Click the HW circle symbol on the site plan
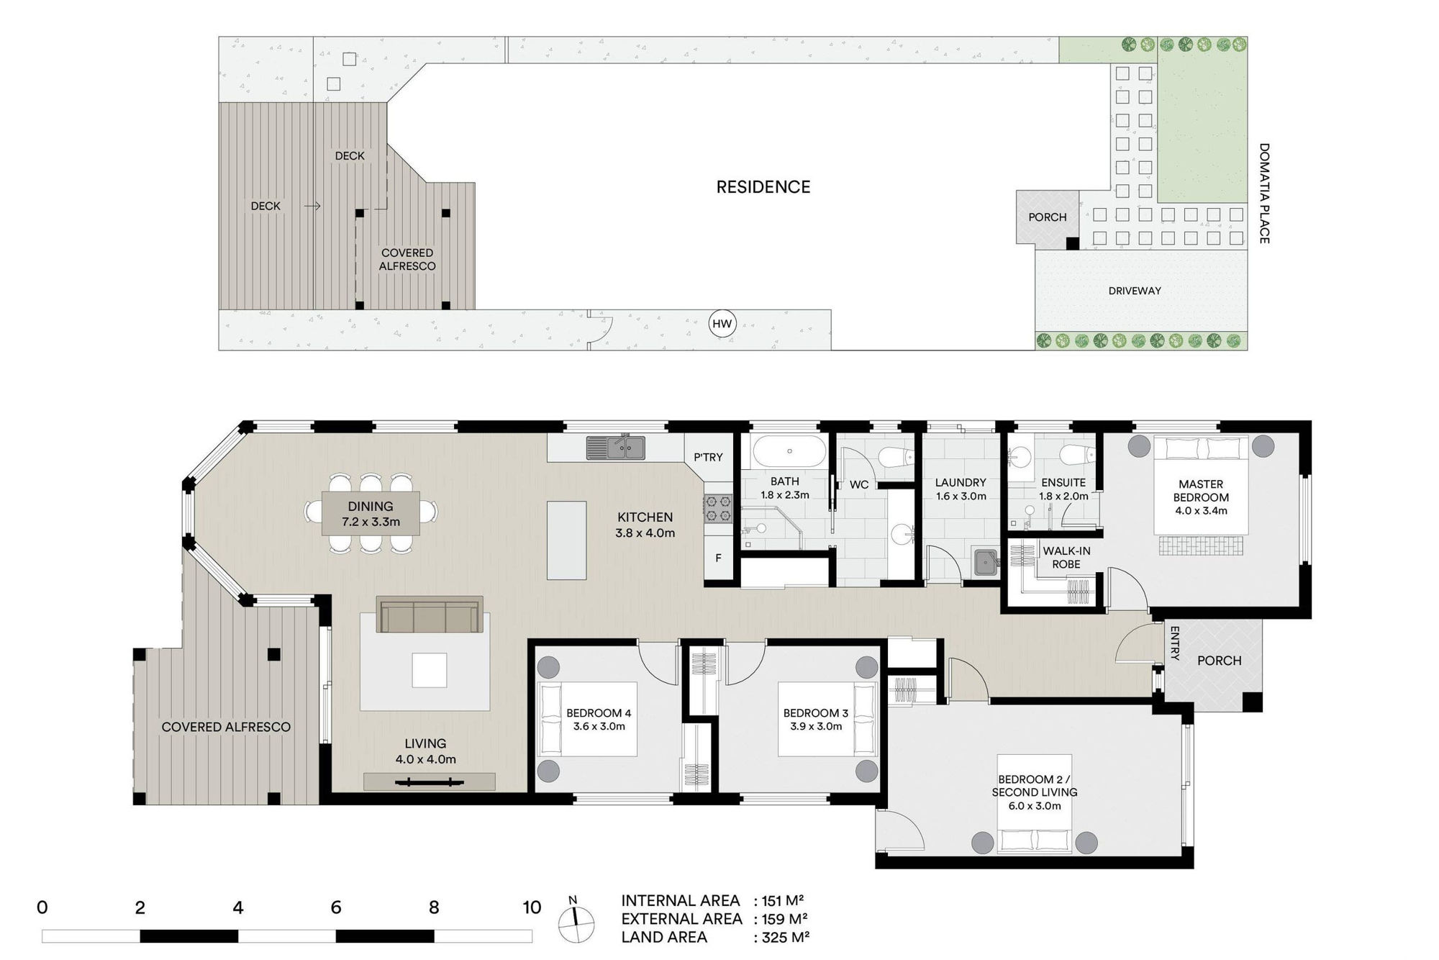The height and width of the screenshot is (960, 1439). click(x=722, y=324)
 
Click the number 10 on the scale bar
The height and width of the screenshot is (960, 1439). click(x=532, y=907)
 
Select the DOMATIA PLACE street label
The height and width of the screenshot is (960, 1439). click(x=1264, y=193)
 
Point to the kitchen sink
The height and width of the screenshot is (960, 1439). click(x=616, y=447)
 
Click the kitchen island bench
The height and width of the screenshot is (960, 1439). click(x=567, y=540)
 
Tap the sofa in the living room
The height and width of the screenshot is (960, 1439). click(x=430, y=615)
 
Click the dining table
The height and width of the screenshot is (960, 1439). click(x=371, y=512)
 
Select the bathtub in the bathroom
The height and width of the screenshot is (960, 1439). click(x=789, y=451)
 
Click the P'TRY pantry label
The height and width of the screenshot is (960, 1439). click(x=708, y=457)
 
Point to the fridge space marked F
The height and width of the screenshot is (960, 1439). click(x=718, y=558)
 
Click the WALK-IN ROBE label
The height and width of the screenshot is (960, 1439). click(x=1066, y=558)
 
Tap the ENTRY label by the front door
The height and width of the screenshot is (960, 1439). click(x=1174, y=643)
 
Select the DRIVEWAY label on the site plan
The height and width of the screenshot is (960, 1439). click(x=1135, y=291)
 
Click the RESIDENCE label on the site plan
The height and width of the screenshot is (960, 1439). click(x=763, y=187)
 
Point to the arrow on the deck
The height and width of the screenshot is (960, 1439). click(x=312, y=206)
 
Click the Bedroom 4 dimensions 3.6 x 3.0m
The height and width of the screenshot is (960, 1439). click(x=599, y=727)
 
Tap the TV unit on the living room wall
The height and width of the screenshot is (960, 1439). click(x=430, y=782)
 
